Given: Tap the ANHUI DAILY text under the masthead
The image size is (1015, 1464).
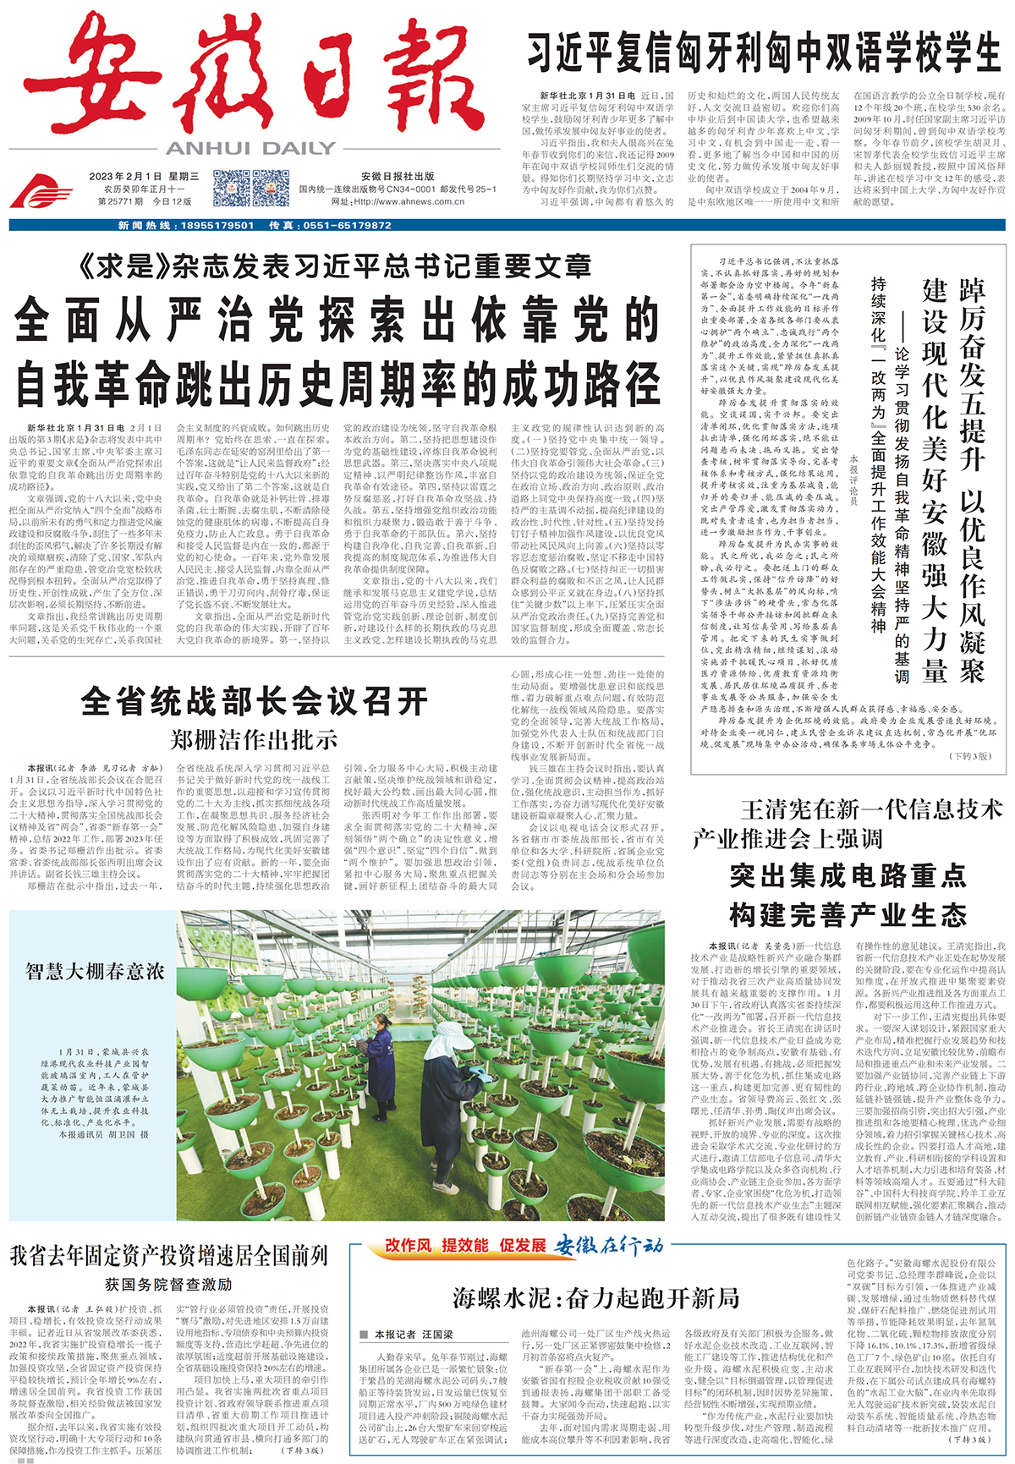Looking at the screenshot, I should coord(251,148).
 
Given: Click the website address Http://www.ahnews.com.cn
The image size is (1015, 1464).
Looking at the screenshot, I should coord(410,201).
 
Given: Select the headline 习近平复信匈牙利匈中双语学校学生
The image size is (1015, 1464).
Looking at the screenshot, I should coord(764,52).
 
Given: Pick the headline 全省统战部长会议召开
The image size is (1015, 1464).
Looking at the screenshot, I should coord(254,701).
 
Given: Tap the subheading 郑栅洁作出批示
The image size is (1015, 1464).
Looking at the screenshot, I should coord(254,740).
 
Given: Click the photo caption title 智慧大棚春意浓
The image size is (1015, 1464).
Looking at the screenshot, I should coord(94,970).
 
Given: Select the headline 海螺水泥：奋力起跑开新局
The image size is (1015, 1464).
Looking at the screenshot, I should coord(595,1297).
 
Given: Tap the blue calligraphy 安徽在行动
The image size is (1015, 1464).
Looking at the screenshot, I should coord(609,1245).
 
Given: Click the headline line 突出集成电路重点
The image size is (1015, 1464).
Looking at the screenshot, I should coord(848,875).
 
